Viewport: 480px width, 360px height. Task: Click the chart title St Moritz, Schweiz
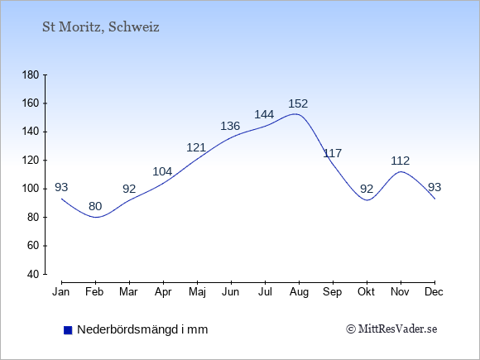(101, 27)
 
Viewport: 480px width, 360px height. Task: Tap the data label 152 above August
(298, 103)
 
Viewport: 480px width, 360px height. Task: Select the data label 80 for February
(95, 206)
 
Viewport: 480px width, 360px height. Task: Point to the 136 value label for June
(230, 126)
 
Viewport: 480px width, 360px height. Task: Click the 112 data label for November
(400, 161)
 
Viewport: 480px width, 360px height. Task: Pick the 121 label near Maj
(196, 148)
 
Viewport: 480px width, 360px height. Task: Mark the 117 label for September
(333, 153)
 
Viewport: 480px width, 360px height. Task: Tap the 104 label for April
(162, 171)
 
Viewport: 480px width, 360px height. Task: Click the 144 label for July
(264, 114)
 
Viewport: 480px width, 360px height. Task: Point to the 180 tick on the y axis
(31, 75)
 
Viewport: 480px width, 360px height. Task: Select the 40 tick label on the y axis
(33, 274)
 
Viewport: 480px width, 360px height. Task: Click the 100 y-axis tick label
(31, 189)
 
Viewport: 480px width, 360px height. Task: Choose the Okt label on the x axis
(366, 292)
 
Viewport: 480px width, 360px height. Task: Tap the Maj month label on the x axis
(197, 292)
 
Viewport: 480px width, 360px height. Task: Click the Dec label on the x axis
(434, 292)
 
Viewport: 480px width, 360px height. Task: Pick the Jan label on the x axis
(61, 292)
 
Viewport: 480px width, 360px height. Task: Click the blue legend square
(68, 330)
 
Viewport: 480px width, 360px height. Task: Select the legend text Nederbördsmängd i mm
(142, 329)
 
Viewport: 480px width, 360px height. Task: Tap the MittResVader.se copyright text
(391, 329)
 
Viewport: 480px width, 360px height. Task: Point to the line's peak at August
(295, 114)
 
